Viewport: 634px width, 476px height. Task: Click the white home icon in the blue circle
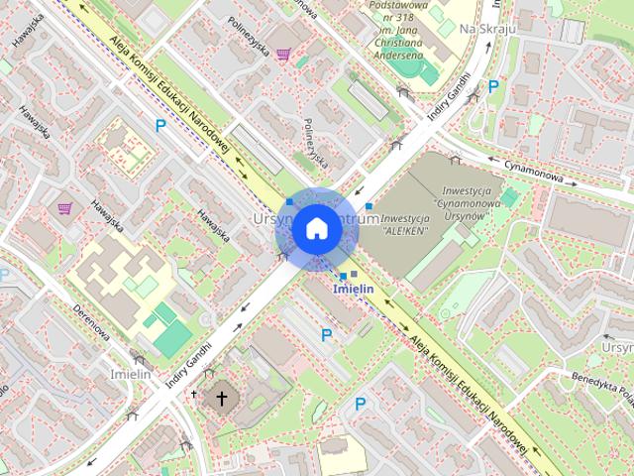point(315,228)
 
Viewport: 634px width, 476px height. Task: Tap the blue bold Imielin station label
point(354,289)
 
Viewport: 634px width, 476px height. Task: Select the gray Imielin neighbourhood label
point(130,374)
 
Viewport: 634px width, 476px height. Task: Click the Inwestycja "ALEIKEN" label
point(404,223)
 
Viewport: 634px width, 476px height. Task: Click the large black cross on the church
point(222,399)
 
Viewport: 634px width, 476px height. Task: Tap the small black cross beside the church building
point(194,395)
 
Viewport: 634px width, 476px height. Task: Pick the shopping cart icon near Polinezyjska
point(283,55)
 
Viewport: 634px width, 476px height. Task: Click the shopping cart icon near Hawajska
point(64,208)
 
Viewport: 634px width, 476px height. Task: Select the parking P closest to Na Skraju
point(492,86)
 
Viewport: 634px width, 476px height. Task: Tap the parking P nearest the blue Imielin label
point(326,335)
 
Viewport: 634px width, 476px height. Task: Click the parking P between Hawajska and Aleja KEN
point(160,125)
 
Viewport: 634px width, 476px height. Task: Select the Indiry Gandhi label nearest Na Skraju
point(450,103)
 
